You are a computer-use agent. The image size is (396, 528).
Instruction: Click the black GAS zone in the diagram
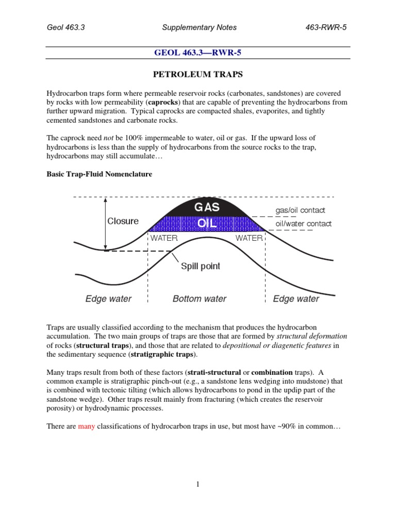206,207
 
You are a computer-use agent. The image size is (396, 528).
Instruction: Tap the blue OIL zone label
206,224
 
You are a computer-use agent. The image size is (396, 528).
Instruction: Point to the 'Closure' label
123,221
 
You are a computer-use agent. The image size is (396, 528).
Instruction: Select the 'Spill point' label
200,266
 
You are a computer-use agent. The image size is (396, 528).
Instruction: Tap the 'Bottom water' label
200,299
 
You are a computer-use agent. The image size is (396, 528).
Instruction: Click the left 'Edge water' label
108,299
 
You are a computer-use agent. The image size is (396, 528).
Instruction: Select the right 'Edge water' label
296,299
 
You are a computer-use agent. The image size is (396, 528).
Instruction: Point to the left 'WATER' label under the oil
163,238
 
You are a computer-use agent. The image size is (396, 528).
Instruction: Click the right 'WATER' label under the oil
249,238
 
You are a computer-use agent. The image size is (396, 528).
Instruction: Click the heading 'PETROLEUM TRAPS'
198,75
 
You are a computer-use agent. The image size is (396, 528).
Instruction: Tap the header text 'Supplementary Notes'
198,27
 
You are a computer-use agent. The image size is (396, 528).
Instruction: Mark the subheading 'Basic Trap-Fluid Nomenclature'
99,174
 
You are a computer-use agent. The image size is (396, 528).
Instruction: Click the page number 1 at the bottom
198,484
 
